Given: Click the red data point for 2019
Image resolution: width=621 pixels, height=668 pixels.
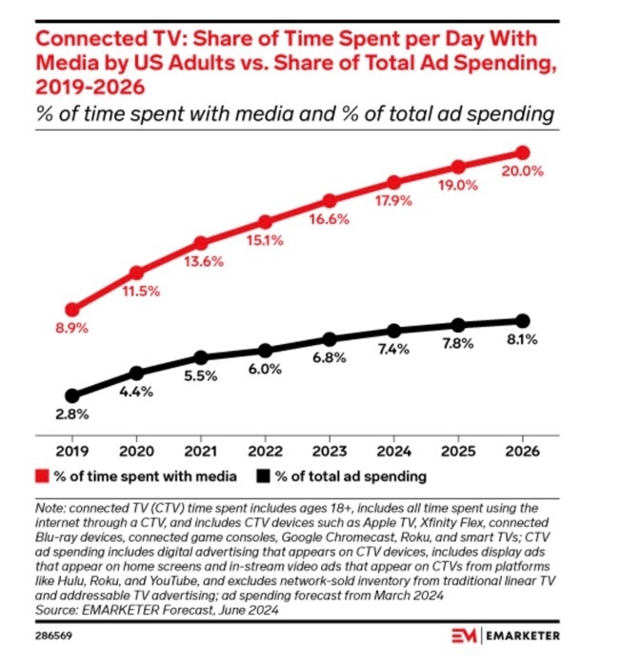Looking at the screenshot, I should (72, 310).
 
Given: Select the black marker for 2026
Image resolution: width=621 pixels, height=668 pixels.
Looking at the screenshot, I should (522, 320).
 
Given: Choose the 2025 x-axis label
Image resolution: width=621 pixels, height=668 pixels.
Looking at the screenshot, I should (458, 450).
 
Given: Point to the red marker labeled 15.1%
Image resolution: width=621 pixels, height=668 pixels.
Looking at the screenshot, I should (265, 221).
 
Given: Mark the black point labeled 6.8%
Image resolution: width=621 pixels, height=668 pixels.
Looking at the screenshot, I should (330, 339).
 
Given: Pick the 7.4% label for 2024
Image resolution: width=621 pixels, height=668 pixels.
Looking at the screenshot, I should (392, 350).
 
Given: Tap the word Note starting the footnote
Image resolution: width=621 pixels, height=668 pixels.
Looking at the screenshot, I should (48, 509).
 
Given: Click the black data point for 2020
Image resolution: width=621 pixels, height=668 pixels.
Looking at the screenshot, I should (136, 373).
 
